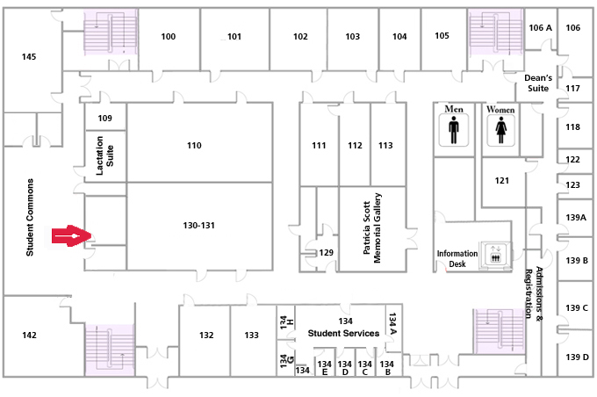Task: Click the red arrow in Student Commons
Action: (x=72, y=236)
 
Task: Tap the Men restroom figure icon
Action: (x=454, y=130)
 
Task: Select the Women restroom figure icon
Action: (x=500, y=130)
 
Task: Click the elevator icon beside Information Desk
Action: (x=495, y=254)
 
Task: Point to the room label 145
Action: (x=29, y=57)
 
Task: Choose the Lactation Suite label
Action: (x=104, y=155)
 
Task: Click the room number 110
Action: (x=194, y=145)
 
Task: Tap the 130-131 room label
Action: (x=198, y=225)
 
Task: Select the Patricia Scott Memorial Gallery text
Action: (x=372, y=227)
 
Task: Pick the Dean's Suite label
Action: (x=538, y=83)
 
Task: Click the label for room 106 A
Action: (x=540, y=27)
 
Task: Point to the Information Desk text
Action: (x=457, y=259)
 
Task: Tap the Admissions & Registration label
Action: (x=534, y=292)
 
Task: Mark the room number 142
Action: (x=29, y=335)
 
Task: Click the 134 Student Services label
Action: (x=343, y=328)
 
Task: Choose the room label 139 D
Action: (x=577, y=357)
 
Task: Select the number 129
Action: (x=327, y=252)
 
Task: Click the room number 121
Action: (x=502, y=180)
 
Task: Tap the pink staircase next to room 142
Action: (x=110, y=350)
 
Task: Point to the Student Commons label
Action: (x=30, y=217)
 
